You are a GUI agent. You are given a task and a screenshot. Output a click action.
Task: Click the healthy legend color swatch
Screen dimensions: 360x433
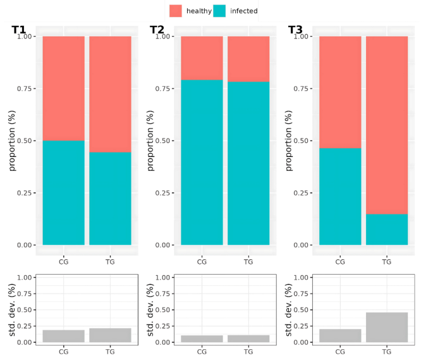point(176,11)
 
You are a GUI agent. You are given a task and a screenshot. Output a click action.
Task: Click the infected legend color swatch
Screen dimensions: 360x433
point(219,11)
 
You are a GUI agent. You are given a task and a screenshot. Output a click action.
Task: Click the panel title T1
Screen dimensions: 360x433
point(19,30)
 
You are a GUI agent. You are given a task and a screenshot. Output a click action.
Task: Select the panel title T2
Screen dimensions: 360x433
point(157,30)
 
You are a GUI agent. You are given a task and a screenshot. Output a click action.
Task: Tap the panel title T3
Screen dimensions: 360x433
point(295,30)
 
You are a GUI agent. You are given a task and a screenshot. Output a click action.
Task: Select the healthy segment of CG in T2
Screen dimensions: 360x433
point(202,58)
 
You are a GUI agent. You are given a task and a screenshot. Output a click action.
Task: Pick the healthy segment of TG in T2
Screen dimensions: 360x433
point(248,59)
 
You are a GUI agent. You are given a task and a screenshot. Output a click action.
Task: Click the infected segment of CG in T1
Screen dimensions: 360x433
point(63,192)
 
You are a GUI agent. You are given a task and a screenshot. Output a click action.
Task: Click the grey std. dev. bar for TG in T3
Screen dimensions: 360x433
point(386,327)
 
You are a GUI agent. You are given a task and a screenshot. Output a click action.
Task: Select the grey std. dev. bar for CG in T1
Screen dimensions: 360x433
point(63,336)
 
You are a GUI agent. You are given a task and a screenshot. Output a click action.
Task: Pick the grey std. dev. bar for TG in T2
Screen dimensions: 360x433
point(248,338)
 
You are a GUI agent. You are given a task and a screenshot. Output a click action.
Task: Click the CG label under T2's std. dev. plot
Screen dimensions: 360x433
point(202,351)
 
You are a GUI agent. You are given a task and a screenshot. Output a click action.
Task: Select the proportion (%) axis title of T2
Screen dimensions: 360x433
point(150,140)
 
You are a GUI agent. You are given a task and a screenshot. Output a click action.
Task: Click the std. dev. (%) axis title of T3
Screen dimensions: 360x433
point(288,309)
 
